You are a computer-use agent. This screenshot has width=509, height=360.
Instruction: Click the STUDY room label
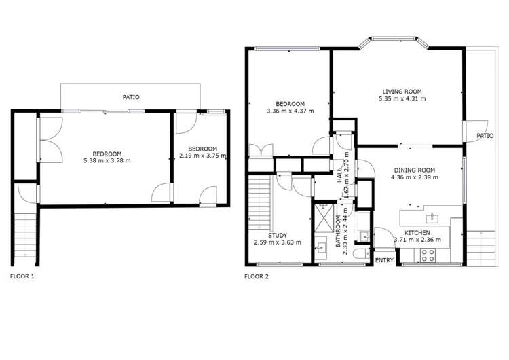pos(277,235)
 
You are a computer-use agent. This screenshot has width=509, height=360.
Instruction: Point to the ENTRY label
pos(384,260)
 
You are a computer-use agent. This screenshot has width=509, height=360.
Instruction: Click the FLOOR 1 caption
pos(22,276)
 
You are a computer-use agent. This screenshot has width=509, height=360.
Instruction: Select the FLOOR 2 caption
pos(257,276)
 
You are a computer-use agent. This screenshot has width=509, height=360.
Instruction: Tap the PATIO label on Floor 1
pos(131,97)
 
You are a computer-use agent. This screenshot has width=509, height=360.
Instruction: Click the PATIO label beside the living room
pos(485,136)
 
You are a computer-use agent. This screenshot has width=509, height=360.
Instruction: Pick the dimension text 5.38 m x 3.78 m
pos(107,160)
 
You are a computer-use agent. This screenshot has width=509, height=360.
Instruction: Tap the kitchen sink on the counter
pos(432,218)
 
